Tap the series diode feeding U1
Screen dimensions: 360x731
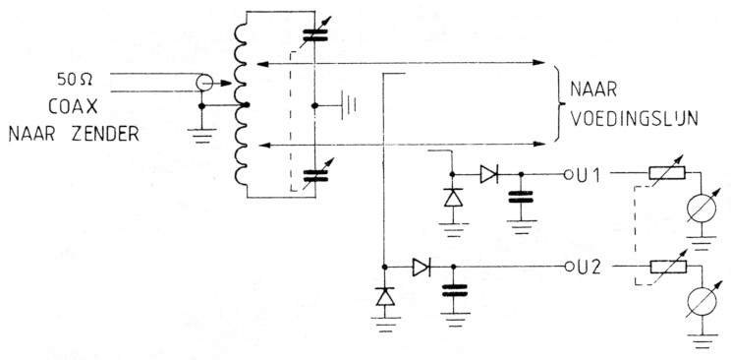[489, 174]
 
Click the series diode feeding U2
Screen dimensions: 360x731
[421, 266]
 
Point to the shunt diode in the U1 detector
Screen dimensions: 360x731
[453, 198]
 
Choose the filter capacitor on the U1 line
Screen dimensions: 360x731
[519, 207]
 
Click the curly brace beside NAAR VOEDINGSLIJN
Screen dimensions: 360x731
[555, 108]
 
